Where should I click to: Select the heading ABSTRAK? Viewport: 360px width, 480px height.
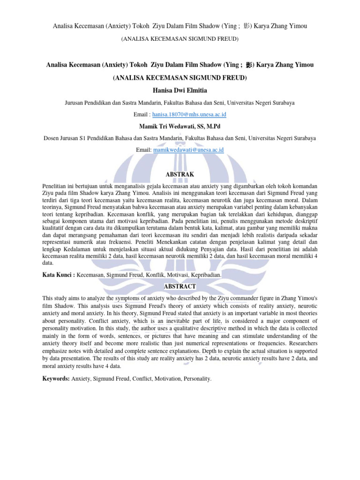tap(180, 174)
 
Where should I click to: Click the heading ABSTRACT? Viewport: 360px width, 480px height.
tap(180, 285)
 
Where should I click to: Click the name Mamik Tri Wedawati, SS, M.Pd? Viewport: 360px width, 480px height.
tap(180, 127)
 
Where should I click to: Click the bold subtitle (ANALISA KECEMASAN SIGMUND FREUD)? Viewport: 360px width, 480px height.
tap(180, 77)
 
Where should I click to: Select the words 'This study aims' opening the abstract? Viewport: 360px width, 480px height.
tap(62, 298)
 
